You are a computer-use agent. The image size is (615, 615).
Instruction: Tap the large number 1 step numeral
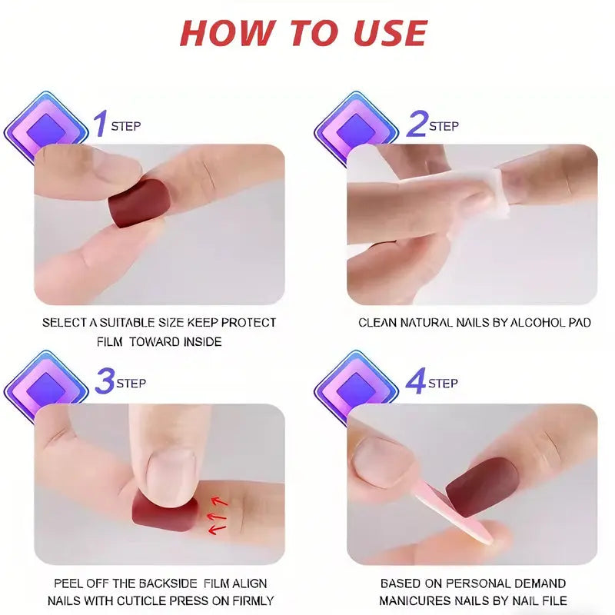[99, 124]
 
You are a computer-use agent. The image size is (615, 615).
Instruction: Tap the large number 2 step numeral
[416, 124]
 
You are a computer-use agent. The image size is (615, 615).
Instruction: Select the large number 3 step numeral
[105, 381]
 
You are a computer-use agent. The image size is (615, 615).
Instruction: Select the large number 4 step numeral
[416, 381]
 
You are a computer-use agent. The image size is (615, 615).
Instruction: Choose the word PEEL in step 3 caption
[68, 583]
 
